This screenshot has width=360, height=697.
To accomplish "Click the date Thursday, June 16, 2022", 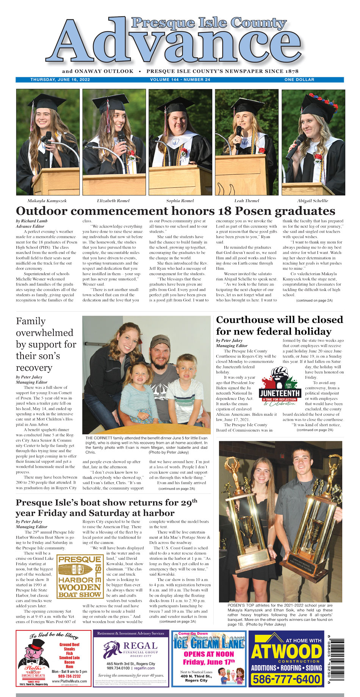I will click(x=60, y=80).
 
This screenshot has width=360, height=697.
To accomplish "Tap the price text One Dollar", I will click(x=299, y=80).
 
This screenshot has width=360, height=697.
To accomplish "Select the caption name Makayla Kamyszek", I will click(x=47, y=201).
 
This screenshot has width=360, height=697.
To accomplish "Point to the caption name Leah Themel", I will click(x=247, y=201).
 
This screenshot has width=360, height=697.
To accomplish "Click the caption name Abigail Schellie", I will click(x=313, y=201).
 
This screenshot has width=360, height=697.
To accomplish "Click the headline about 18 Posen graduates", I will click(x=175, y=211).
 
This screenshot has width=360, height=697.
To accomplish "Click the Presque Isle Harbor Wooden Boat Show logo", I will click(x=80, y=576).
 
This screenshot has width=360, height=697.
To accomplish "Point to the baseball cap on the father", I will click(x=160, y=341).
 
